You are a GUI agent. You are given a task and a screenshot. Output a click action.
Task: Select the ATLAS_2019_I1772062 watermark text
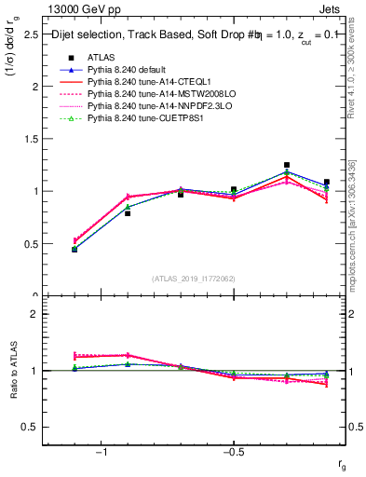click(x=193, y=279)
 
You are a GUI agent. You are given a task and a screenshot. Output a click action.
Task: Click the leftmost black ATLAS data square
click(x=75, y=249)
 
